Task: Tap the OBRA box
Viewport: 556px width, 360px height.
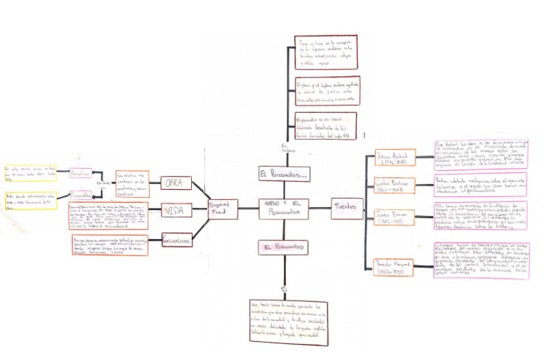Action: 175,183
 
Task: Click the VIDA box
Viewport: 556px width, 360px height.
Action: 175,211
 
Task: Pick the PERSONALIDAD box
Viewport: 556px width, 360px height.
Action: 175,239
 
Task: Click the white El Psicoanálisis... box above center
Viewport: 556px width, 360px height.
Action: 283,174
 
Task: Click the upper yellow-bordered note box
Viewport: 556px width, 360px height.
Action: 32,174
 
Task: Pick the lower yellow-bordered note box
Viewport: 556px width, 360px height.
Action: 32,200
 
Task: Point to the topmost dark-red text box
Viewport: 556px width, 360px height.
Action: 326,51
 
